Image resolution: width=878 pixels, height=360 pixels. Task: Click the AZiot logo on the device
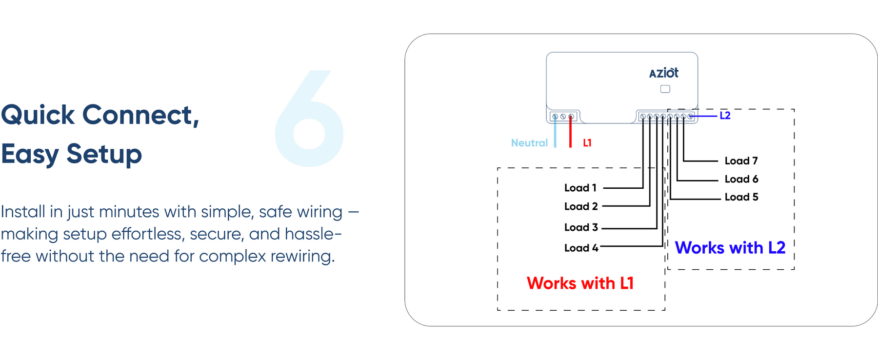pos(663,73)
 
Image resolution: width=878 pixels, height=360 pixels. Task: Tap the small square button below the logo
pos(665,89)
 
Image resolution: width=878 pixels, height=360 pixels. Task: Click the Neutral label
pos(529,143)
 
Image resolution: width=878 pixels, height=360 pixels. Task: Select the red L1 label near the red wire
pos(587,143)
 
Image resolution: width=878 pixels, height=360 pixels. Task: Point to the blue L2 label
pos(725,116)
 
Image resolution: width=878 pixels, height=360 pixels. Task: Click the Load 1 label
pos(580,188)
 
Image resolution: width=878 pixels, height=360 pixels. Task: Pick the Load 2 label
pos(581,206)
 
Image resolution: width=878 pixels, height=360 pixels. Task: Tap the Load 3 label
pos(581,227)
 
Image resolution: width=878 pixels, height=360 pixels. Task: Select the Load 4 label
pos(581,248)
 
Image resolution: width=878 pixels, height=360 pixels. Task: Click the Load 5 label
pos(741,197)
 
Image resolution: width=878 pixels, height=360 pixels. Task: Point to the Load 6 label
pos(741,179)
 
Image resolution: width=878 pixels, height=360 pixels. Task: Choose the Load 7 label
pos(741,160)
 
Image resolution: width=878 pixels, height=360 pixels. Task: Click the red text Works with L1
pos(580,283)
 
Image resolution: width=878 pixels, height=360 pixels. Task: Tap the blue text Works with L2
pos(730,248)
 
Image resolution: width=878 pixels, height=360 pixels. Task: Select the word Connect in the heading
pos(140,115)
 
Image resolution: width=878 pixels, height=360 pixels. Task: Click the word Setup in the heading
pos(104,154)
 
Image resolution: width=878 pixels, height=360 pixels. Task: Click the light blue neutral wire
pos(555,134)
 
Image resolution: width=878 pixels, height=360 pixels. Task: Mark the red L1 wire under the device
pos(570,134)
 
